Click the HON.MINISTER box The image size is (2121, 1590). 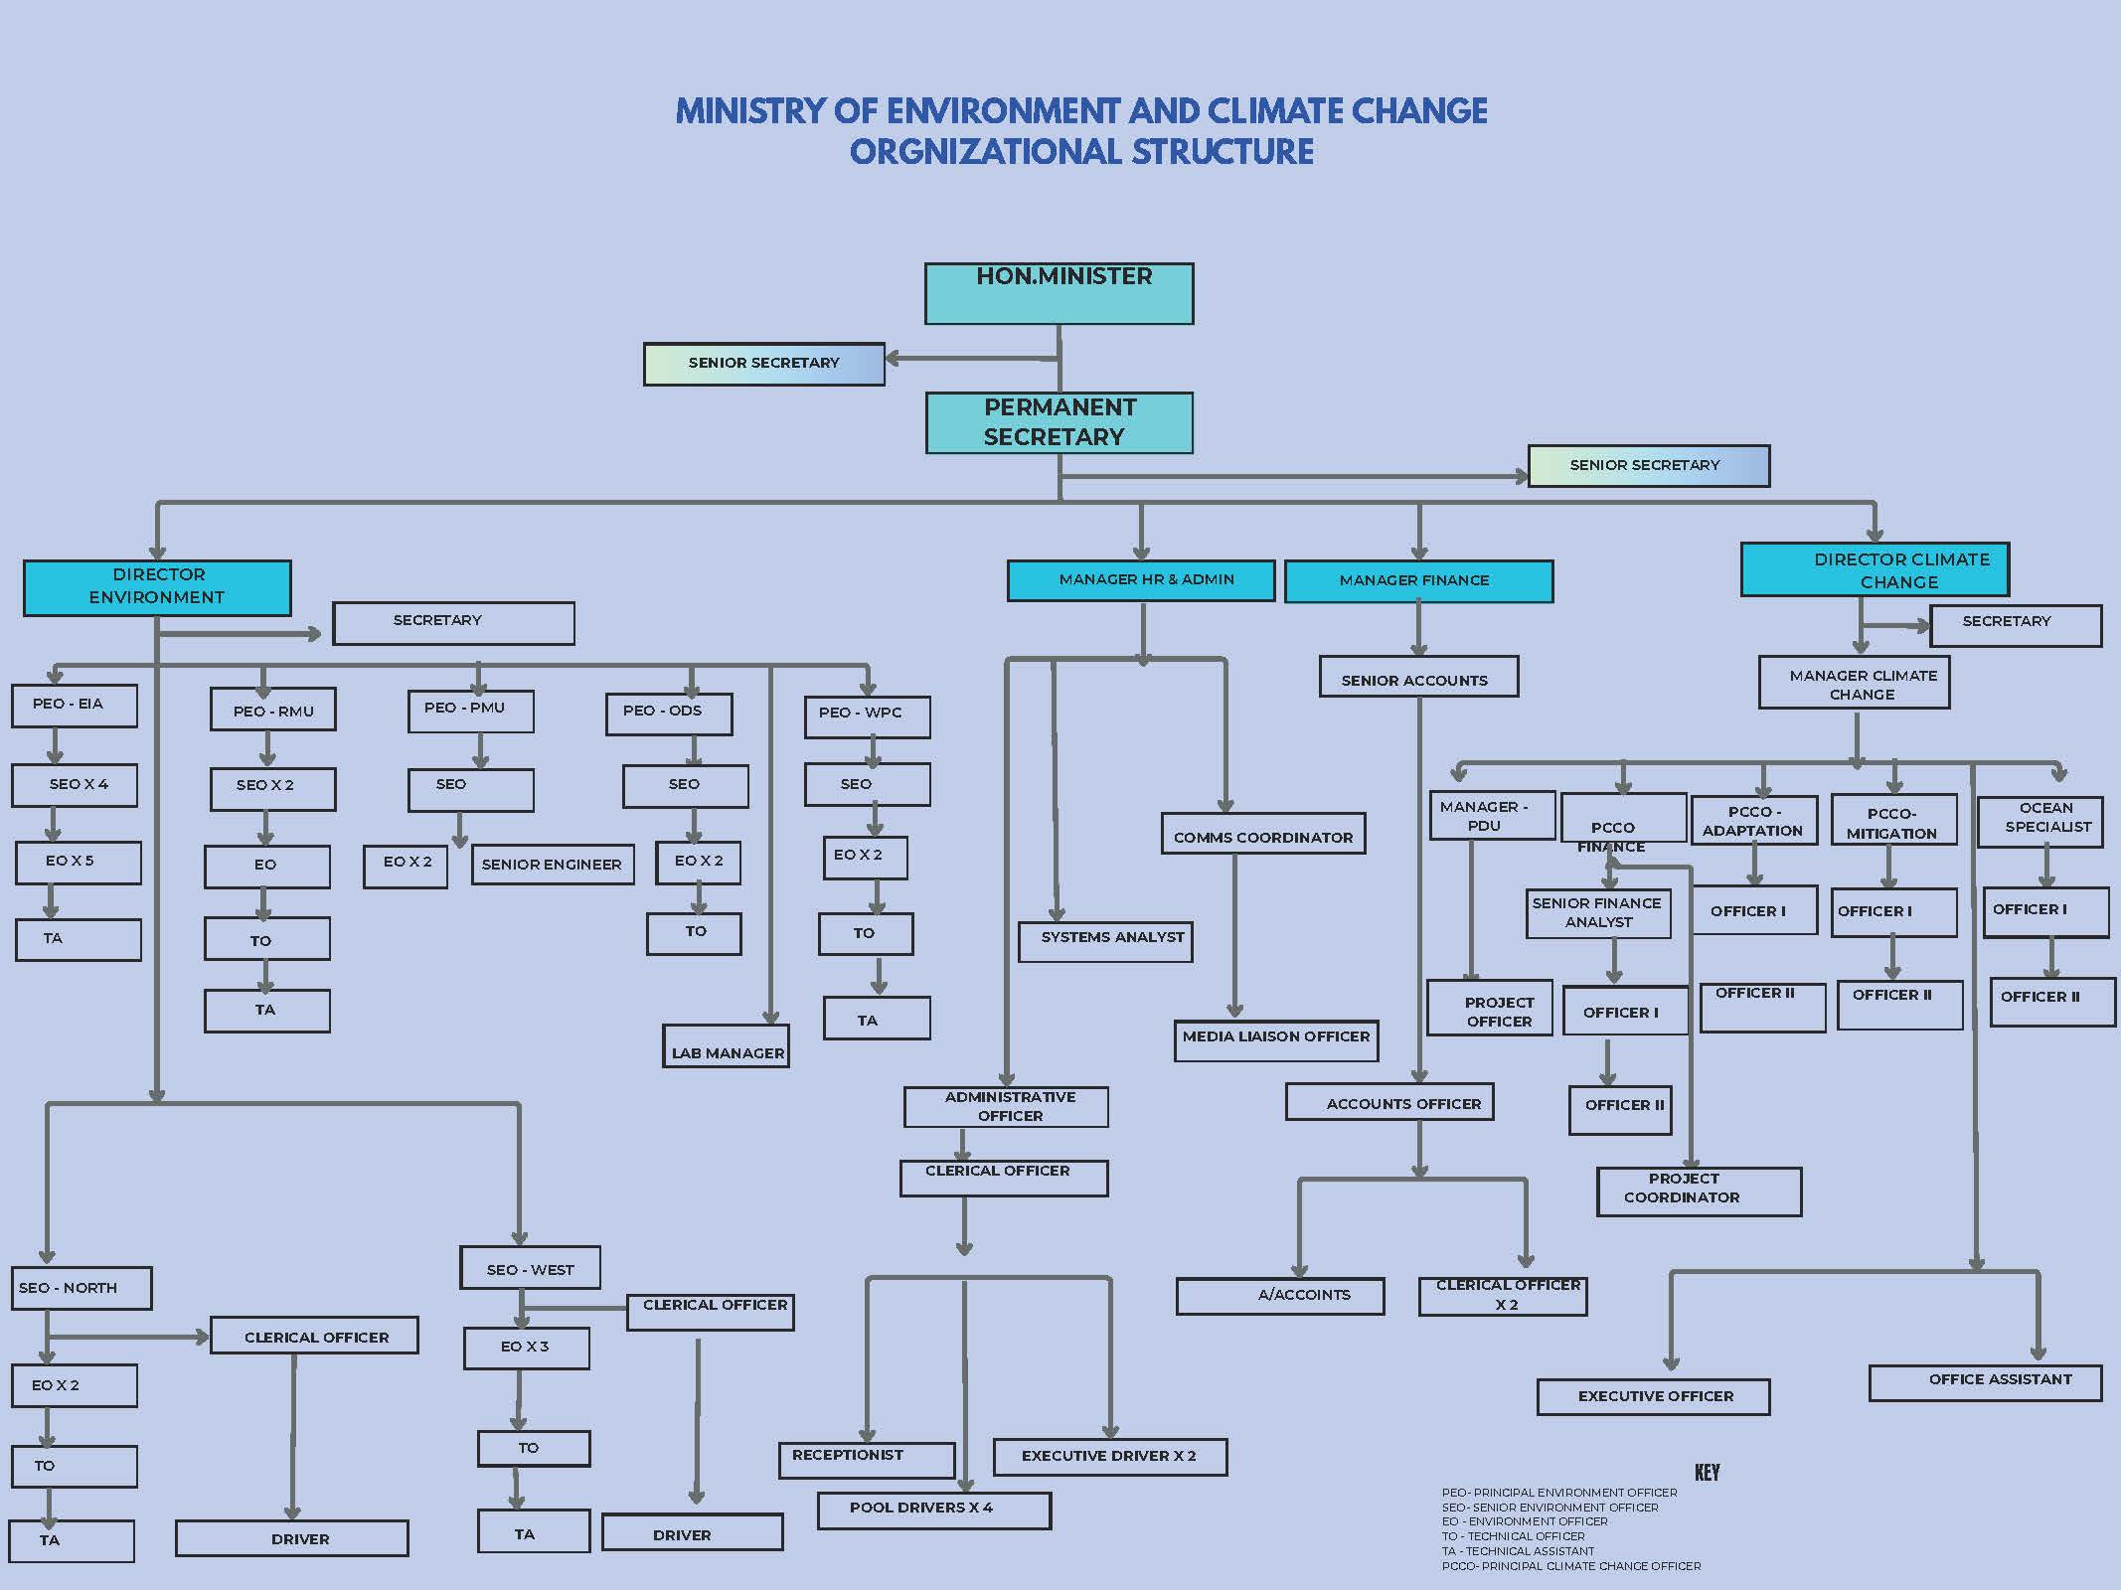pos(1059,293)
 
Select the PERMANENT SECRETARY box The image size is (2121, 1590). pos(1059,422)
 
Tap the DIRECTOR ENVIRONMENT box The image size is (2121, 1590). pos(157,587)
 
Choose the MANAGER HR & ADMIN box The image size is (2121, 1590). pos(1141,580)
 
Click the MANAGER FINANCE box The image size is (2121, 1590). pos(1418,581)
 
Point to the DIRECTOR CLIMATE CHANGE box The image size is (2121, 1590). pos(1875,569)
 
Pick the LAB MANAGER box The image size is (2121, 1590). pos(727,1046)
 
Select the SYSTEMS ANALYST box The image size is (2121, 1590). pos(1105,941)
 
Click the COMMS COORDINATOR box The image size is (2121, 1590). pos(1263,835)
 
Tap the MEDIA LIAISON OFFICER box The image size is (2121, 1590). pos(1276,1040)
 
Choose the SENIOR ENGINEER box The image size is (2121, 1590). pos(553,865)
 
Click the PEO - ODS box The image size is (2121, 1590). pos(669,714)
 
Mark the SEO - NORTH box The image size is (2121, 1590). pos(82,1288)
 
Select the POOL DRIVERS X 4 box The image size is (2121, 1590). pos(933,1510)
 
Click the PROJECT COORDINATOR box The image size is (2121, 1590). pos(1699,1191)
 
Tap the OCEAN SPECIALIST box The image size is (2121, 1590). pos(2039,822)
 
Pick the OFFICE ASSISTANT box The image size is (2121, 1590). pos(1985,1382)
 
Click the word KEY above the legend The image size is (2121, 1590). pos(1707,1473)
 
